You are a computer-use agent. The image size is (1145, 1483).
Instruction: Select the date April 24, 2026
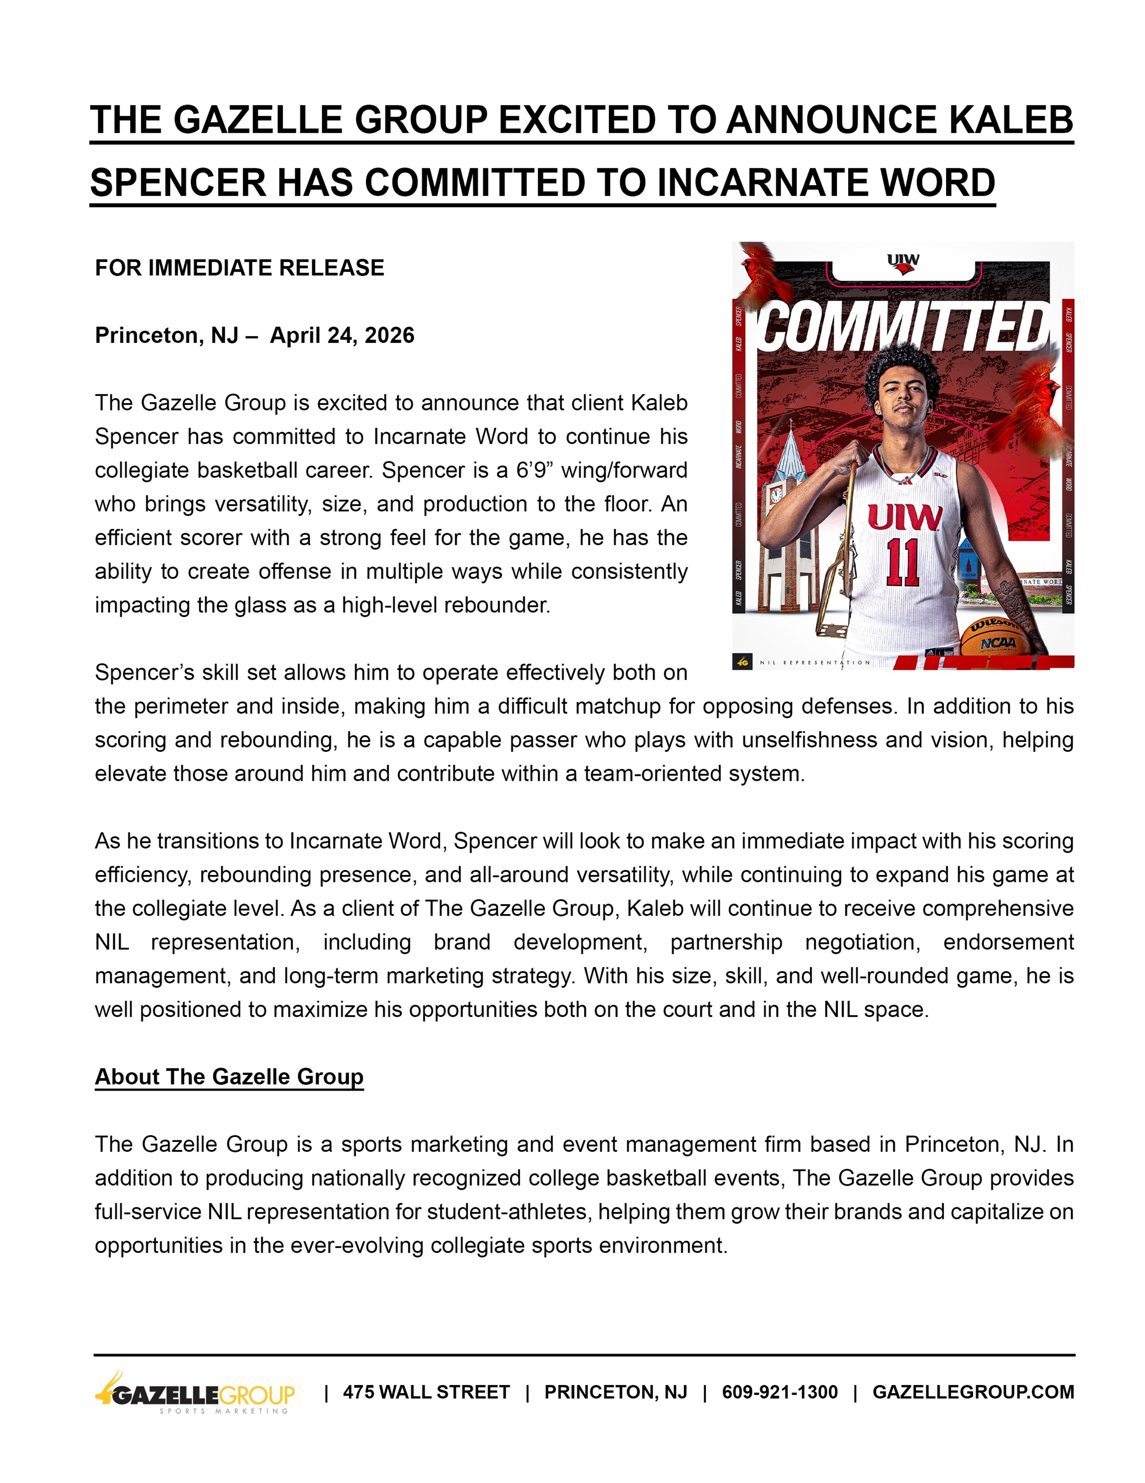pyautogui.click(x=342, y=335)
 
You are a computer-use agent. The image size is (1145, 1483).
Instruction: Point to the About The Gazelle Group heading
pyautogui.click(x=229, y=1077)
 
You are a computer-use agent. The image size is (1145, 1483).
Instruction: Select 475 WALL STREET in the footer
pyautogui.click(x=426, y=1392)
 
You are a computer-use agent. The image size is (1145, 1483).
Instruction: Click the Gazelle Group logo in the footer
pyautogui.click(x=195, y=1392)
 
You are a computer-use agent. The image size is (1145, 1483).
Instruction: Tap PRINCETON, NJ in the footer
pyautogui.click(x=616, y=1392)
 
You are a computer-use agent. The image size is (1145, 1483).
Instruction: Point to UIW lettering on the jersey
pyautogui.click(x=904, y=518)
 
